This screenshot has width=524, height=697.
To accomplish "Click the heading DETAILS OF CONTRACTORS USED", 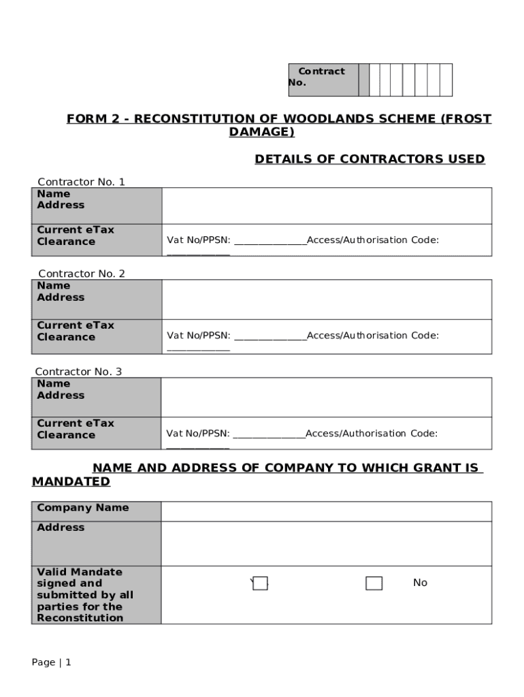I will point(370,159).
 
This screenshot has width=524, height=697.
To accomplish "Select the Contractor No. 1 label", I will point(81,182).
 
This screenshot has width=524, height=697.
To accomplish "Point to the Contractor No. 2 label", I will point(81,274).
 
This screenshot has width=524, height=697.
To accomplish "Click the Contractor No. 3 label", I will point(78,372).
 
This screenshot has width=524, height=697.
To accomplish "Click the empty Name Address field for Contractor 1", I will point(326,206).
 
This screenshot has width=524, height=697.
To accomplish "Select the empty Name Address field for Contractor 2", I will point(326,299).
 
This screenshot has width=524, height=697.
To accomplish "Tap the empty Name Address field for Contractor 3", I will point(326,397).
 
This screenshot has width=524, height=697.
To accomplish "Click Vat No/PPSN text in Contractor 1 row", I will point(199,240).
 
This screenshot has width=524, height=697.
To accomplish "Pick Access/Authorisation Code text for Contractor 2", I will point(372,336).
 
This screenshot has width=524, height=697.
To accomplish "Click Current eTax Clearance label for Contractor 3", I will point(76,429).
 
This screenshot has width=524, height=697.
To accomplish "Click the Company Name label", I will point(82,508).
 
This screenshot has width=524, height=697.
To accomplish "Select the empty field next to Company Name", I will point(326,511).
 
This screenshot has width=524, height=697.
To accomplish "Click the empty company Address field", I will point(326,543).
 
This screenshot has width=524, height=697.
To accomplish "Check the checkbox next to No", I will point(374,583).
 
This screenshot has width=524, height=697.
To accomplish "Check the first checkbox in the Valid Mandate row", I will point(260,583).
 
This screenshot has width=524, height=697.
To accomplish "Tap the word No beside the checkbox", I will point(420,583).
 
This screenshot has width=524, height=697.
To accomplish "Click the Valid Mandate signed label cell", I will point(85,595).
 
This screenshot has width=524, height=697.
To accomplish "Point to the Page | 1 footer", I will point(51,662).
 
